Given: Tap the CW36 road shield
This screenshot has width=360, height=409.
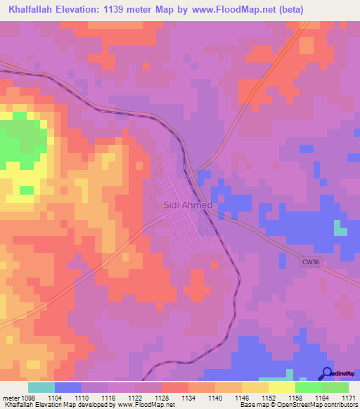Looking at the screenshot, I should (310, 261).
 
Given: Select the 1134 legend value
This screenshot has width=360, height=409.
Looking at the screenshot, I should (188, 398).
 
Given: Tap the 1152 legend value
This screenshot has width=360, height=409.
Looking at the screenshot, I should (267, 398).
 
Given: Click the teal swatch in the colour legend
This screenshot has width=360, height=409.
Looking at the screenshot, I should (41, 387).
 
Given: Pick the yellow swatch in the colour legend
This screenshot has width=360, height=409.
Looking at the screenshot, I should (281, 387).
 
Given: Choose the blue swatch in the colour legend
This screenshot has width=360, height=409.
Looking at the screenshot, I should (67, 387).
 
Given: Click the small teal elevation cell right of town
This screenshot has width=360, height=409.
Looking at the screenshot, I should (340, 230).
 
